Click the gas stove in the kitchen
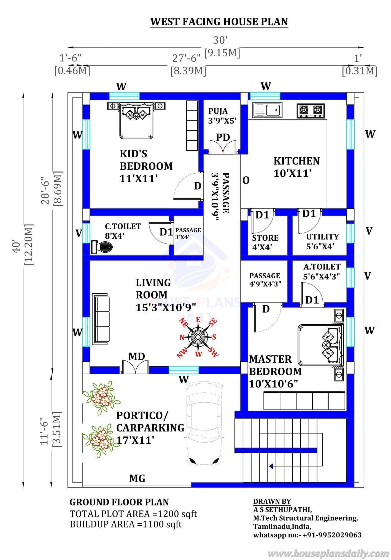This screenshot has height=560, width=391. pos(311,111)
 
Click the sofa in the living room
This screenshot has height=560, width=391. pos(101,319)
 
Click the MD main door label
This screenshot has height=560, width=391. pos(137,356)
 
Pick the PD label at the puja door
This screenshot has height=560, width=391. pos(223,137)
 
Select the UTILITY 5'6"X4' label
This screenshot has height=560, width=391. pos(322,241)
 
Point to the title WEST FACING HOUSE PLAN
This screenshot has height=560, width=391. pos(219,21)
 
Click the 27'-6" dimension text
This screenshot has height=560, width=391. pos(186,58)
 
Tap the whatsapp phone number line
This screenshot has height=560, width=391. pos(307,535)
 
